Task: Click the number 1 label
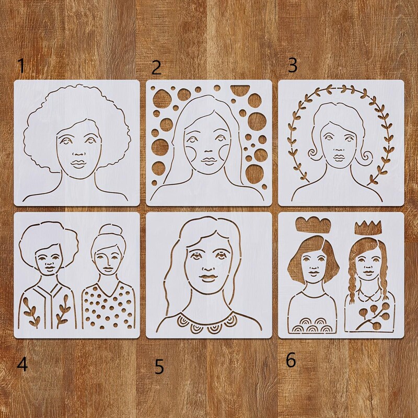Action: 21,66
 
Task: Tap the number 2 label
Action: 156,68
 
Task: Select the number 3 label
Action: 293,65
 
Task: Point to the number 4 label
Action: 22,364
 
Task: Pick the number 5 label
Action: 159,367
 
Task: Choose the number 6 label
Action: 291,360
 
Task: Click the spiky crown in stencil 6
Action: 368,227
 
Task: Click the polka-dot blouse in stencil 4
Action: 109,308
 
